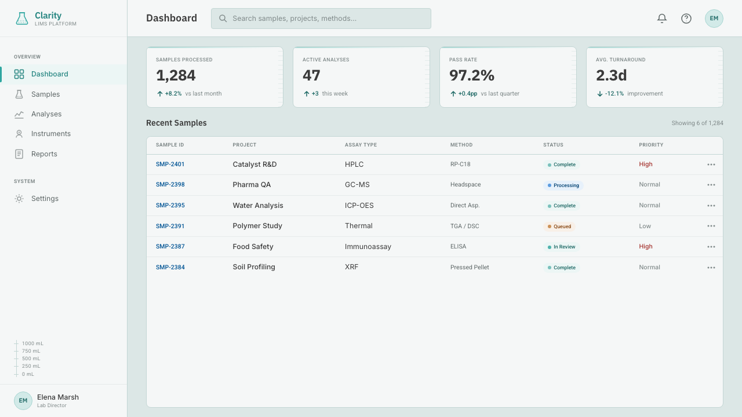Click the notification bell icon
click(662, 18)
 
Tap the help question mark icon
click(686, 19)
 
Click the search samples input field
click(321, 19)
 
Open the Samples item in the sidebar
click(45, 94)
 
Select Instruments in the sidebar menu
click(50, 134)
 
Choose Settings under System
click(45, 199)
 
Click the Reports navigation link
click(44, 154)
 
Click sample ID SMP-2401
click(170, 164)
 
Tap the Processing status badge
click(563, 185)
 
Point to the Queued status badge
click(559, 226)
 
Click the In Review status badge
click(562, 247)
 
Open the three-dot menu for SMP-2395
click(711, 206)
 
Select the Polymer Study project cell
click(257, 226)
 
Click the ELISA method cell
click(458, 247)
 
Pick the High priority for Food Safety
click(646, 247)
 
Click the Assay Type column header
click(361, 145)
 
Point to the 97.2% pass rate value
click(472, 75)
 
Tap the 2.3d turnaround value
click(611, 75)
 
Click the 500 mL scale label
click(31, 359)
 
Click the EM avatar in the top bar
click(714, 19)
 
